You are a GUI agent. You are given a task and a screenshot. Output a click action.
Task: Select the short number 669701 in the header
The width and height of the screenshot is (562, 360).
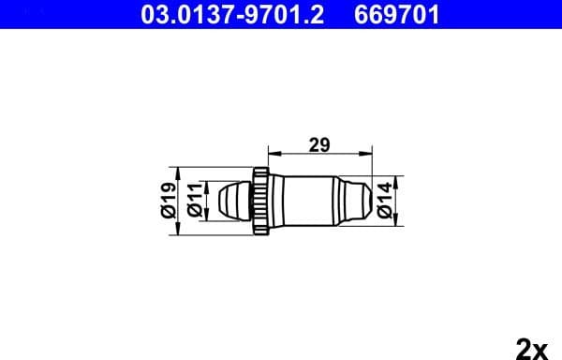click(x=394, y=15)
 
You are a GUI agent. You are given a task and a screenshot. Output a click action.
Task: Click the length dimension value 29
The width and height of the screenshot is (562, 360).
click(x=319, y=145)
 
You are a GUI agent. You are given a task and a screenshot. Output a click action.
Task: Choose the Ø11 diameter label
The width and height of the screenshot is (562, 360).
click(x=192, y=199)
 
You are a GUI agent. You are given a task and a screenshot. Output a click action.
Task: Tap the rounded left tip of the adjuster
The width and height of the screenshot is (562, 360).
click(x=228, y=199)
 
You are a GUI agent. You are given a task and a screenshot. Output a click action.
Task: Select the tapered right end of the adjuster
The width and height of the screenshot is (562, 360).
click(x=354, y=199)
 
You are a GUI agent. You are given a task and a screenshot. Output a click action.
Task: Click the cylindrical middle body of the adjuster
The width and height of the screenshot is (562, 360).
click(x=304, y=199)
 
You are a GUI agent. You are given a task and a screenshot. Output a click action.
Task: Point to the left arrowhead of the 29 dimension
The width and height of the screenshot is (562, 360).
click(x=273, y=153)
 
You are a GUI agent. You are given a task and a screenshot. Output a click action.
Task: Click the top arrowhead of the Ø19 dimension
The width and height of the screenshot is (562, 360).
click(x=178, y=171)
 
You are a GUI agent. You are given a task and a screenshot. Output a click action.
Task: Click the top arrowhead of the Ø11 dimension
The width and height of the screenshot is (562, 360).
click(x=203, y=185)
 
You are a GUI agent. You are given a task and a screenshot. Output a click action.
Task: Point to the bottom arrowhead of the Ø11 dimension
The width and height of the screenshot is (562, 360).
click(x=203, y=214)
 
